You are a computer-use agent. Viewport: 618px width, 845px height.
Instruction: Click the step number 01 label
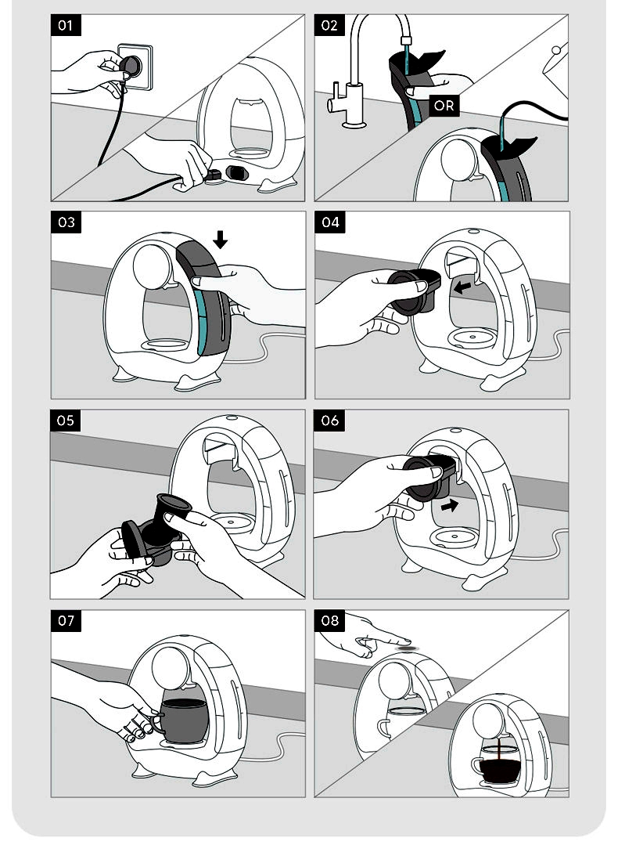pyautogui.click(x=66, y=25)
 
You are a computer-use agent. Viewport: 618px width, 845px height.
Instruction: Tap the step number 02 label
pyautogui.click(x=329, y=25)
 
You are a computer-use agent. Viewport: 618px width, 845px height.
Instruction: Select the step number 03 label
pyautogui.click(x=66, y=222)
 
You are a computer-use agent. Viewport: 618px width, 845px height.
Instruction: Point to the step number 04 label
pyautogui.click(x=329, y=222)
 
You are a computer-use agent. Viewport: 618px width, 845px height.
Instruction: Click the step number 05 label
pyautogui.click(x=66, y=421)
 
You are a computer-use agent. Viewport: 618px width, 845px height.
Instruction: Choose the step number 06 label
pyautogui.click(x=329, y=421)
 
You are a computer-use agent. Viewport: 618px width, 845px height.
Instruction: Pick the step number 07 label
pyautogui.click(x=66, y=621)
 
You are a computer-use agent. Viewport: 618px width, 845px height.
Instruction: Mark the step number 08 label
pyautogui.click(x=329, y=621)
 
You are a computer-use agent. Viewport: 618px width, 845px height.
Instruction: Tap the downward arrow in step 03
pyautogui.click(x=221, y=239)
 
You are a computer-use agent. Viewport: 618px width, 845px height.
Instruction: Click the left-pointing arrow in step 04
pyautogui.click(x=463, y=288)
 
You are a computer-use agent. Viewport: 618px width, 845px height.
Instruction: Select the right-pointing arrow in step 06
pyautogui.click(x=449, y=507)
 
